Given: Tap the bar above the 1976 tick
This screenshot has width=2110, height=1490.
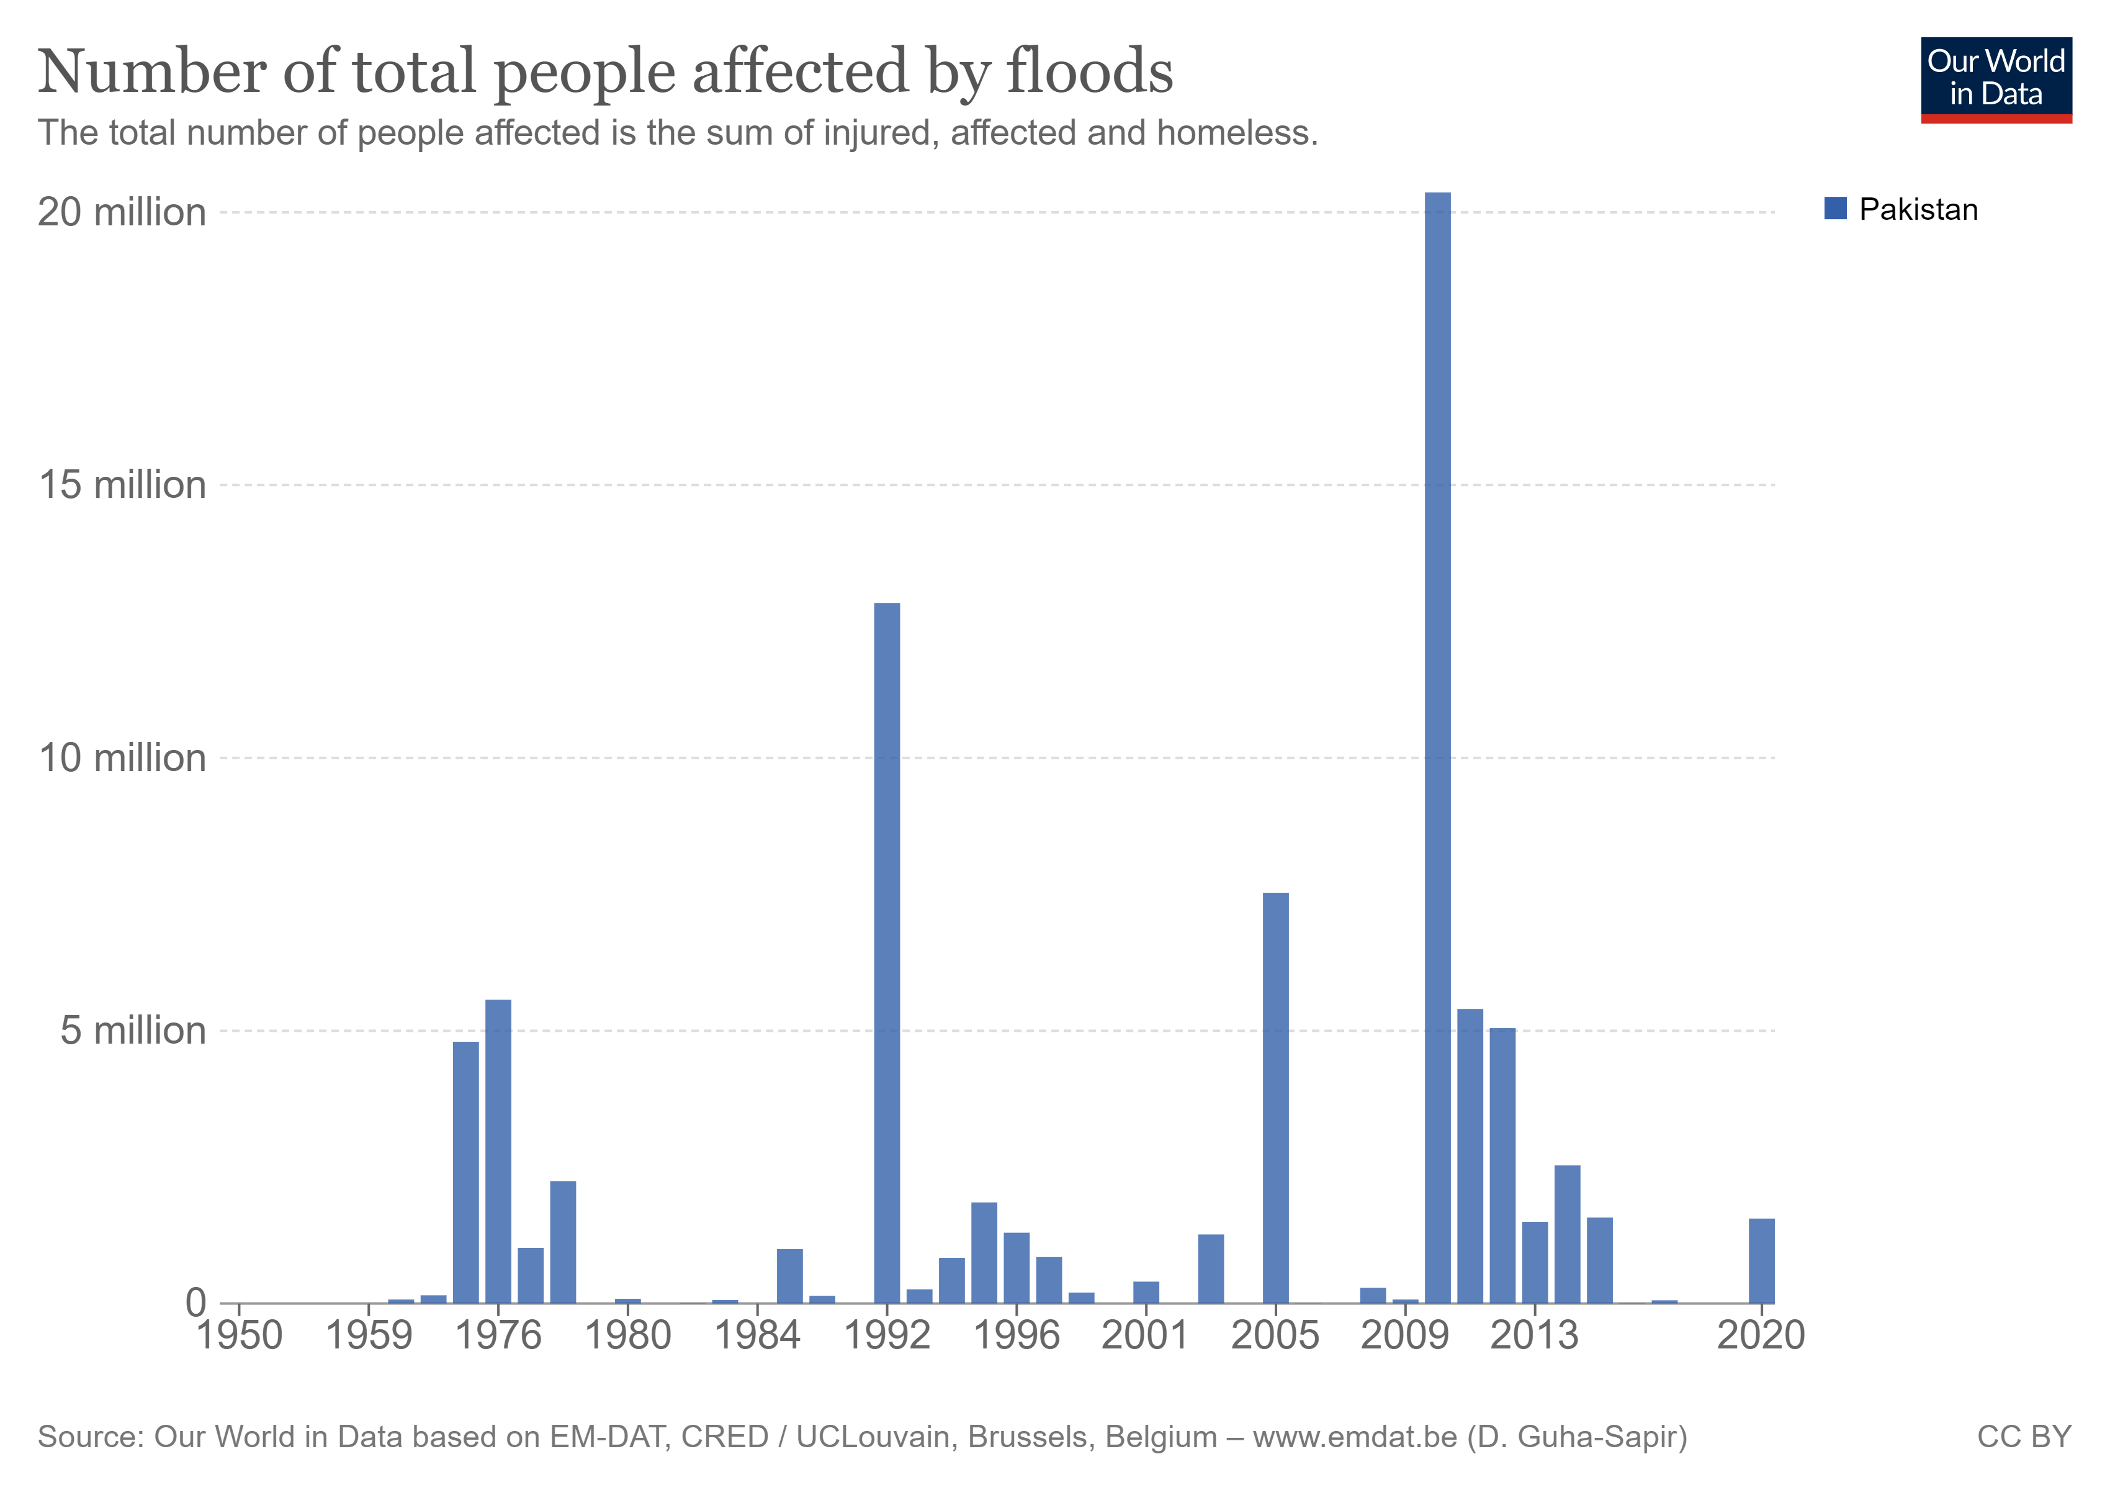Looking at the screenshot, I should pos(498,1150).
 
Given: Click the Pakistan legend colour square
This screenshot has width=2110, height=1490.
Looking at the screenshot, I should pos(1835,209).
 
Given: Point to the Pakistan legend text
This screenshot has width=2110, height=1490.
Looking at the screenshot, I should pos(1918,210).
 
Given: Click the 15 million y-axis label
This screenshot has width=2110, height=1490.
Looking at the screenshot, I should pos(122,484).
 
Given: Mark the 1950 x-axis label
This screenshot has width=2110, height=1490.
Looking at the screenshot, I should pos(240,1335).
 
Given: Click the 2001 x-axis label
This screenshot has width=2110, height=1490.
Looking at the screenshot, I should pos(1145,1335).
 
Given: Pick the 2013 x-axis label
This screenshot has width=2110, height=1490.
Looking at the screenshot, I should pos(1534,1335).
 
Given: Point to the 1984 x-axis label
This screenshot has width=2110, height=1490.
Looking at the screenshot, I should pos(757,1335).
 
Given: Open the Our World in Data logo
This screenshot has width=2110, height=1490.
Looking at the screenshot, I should pos(1995,79).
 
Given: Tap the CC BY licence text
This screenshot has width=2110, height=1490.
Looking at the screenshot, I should pos(2024,1436).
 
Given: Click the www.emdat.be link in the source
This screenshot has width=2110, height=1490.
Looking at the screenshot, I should pos(1355,1436).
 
